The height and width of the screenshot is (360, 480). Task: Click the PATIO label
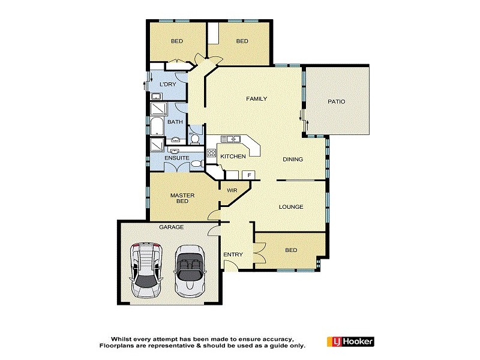coord(336,101)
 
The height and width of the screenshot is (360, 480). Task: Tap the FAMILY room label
coord(257,98)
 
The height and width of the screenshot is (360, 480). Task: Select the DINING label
coord(293,159)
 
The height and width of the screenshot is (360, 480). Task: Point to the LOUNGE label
coord(291,207)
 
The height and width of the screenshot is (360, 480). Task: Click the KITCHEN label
coord(233,156)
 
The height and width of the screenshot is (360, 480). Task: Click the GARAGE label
coord(171,227)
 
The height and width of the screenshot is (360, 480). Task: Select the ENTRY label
coord(233,254)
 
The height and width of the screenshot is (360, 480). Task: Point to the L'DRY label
coord(167,84)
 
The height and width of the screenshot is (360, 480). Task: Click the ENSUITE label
coord(177,158)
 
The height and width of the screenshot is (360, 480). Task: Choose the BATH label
coord(175,122)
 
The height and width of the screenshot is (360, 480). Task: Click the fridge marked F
coord(249,175)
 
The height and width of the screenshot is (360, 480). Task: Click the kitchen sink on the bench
coord(230,139)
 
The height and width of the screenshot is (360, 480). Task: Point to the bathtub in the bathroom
coord(157,127)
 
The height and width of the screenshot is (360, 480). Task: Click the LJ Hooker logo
coord(350,341)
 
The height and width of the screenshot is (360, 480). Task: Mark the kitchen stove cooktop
coord(211,152)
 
